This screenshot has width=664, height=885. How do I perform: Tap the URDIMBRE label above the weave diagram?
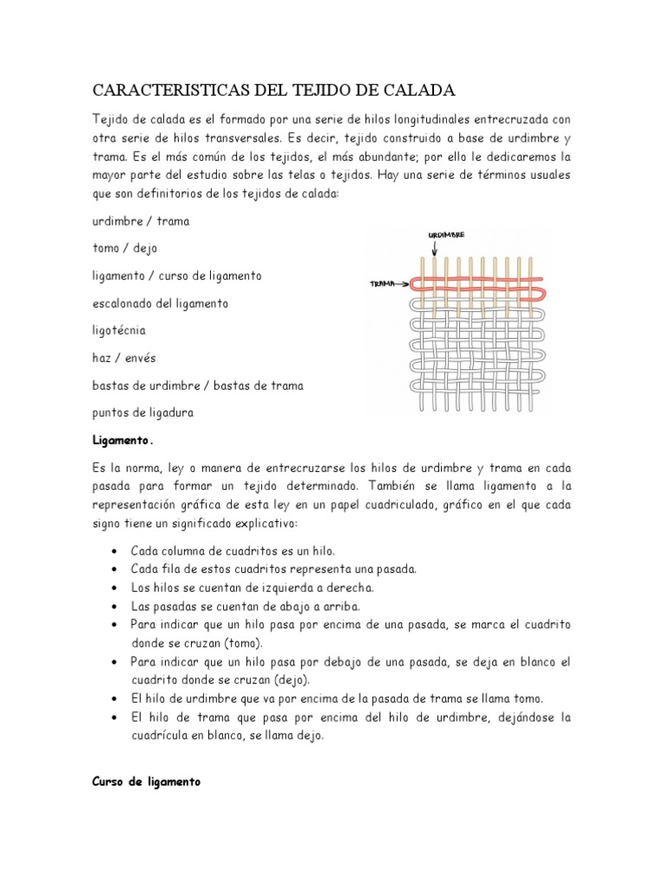tap(446, 235)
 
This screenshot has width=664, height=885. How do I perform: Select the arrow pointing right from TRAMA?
tap(399, 283)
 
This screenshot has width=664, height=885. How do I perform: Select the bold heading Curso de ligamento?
tap(146, 757)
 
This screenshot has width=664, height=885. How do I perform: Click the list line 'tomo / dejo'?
tap(125, 248)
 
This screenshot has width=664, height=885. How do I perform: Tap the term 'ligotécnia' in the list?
tap(119, 330)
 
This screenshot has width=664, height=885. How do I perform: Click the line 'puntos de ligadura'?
tap(143, 412)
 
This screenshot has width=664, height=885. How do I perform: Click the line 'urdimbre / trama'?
tap(141, 220)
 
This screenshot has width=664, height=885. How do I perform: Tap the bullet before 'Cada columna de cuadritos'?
tap(115, 551)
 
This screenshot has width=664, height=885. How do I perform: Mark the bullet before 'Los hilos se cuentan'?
tap(115, 588)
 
